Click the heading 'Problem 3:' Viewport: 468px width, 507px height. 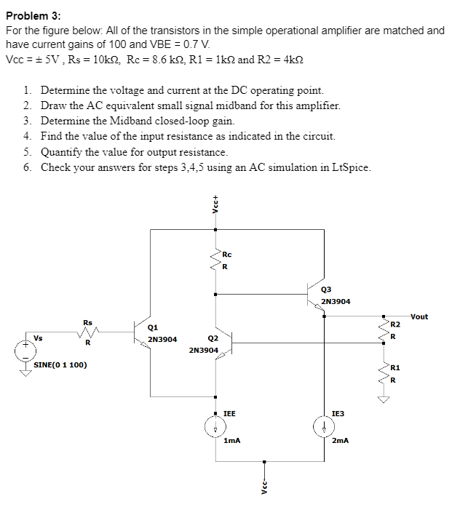[33, 15]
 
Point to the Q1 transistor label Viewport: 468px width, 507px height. [153, 327]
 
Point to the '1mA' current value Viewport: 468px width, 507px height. [232, 441]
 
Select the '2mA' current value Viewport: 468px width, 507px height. [341, 441]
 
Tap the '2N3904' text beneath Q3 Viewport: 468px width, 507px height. [336, 300]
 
